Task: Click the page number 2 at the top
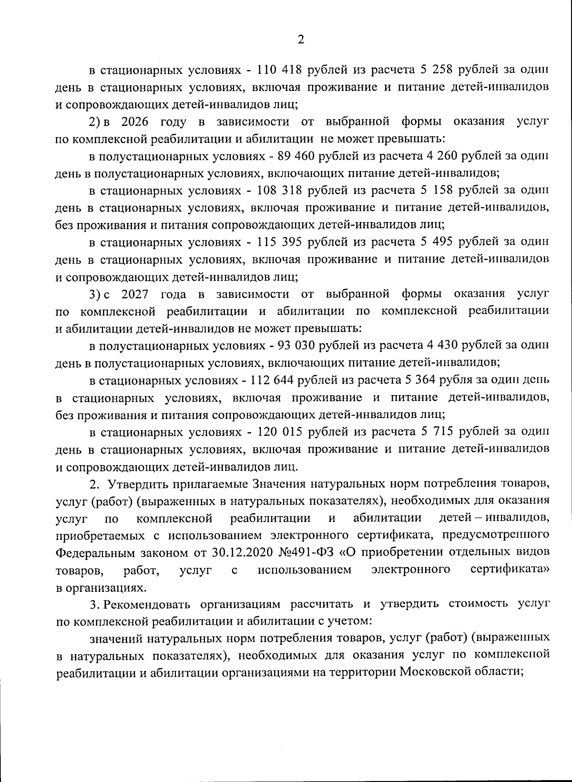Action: coord(300,40)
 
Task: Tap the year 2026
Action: coord(135,122)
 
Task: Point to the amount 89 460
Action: coord(298,156)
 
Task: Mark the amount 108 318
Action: coord(280,191)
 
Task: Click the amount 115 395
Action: coord(280,242)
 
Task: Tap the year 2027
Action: coord(135,294)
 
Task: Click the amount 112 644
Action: coord(276,380)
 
